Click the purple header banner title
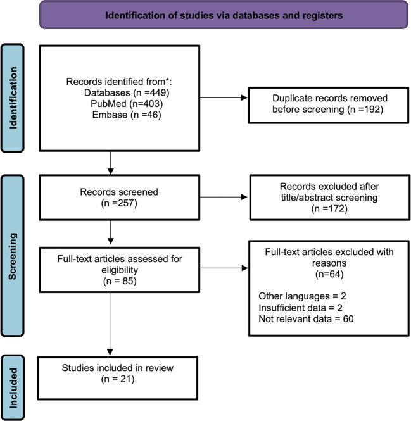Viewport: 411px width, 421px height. (224, 15)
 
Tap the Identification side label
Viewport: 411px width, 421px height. (13, 97)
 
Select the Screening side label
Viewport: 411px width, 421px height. (13, 256)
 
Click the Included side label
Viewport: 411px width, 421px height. (13, 388)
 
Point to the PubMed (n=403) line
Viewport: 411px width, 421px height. (127, 104)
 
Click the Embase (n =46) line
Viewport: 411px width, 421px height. (127, 115)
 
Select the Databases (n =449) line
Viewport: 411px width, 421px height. (127, 92)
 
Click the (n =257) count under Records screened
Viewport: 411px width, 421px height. (119, 203)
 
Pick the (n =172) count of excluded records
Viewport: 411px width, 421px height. (329, 209)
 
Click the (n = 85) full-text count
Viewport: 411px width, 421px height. (120, 281)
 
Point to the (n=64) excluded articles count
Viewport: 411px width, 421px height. (329, 274)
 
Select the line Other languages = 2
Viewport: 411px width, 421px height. (302, 296)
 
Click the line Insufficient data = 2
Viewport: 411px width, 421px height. (301, 308)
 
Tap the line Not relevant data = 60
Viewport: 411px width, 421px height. (306, 319)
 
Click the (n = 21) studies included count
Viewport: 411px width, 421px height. (118, 379)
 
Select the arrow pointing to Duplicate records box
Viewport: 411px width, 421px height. (224, 97)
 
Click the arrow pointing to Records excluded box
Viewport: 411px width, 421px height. (224, 197)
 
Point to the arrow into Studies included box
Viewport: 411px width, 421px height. (110, 324)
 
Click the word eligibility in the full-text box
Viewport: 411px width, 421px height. (120, 270)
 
